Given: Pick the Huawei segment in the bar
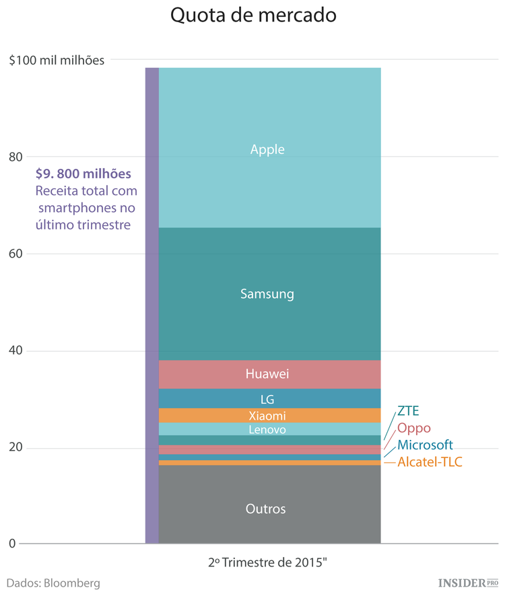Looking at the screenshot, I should [269, 374].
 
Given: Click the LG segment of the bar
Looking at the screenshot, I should [269, 398].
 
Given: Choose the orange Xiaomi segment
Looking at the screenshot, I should [269, 415].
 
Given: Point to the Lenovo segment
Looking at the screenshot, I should [269, 429].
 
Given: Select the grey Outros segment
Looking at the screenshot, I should [269, 509].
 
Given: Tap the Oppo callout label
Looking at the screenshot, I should [414, 429].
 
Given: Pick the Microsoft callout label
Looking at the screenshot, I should [425, 445].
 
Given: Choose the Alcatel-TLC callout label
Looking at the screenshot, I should [430, 462].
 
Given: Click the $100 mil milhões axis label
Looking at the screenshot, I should [57, 60].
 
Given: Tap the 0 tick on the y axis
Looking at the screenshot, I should [10, 544].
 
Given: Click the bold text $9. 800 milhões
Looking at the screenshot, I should [83, 174].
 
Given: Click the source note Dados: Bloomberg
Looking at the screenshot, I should [53, 583].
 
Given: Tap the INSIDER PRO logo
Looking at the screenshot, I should [467, 582].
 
